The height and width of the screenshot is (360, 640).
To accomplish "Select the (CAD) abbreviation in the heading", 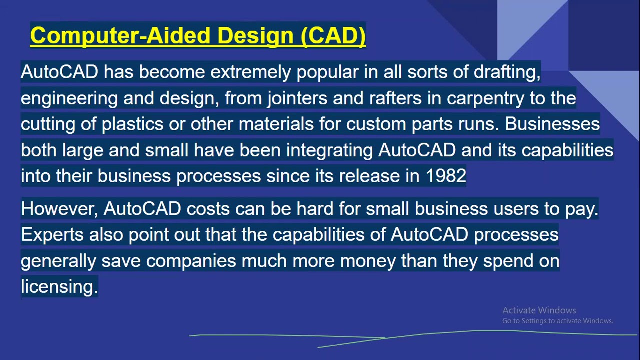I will [x=334, y=36].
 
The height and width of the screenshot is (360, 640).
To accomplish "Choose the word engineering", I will [x=69, y=98].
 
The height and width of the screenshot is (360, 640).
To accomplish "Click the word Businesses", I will [x=552, y=124].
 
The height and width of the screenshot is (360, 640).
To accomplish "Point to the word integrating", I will [x=329, y=150].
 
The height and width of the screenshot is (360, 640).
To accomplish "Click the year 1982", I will [x=446, y=176].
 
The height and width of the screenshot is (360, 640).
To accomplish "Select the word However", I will [x=59, y=209].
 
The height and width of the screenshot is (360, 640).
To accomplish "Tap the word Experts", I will [x=52, y=235].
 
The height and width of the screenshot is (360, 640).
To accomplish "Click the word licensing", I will [x=59, y=287].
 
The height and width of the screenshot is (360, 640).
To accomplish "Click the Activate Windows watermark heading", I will [x=539, y=310].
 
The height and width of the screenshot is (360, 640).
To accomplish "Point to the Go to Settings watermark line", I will [x=557, y=321].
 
